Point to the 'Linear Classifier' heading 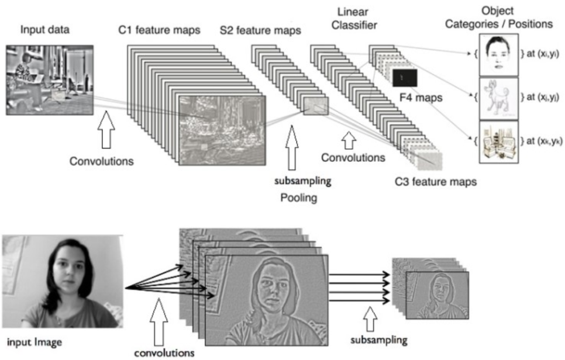click(357, 20)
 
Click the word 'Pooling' click(298, 199)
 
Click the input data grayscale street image click(50, 78)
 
